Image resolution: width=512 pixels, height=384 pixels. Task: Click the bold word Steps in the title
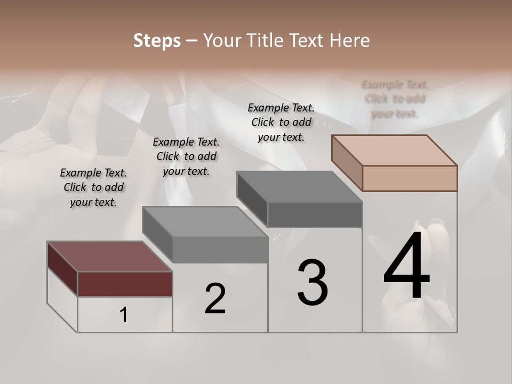click(157, 41)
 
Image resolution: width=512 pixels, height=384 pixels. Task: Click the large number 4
click(406, 267)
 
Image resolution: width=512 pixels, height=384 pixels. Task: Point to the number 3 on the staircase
click(313, 283)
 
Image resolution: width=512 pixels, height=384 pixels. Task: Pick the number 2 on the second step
click(215, 299)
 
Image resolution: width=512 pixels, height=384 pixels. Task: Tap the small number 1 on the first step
click(123, 315)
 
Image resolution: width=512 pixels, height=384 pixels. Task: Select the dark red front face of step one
click(125, 284)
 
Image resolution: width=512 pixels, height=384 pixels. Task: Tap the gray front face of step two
click(220, 250)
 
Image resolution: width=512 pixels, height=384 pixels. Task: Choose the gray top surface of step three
click(299, 187)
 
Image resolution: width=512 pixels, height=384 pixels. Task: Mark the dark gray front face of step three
click(315, 214)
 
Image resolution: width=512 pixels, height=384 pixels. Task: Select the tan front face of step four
click(410, 178)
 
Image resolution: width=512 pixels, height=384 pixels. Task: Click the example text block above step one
click(93, 188)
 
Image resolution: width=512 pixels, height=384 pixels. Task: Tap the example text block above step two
click(186, 157)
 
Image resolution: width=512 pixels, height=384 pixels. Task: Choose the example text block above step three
click(281, 122)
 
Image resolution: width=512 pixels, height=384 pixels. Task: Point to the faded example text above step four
click(395, 99)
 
